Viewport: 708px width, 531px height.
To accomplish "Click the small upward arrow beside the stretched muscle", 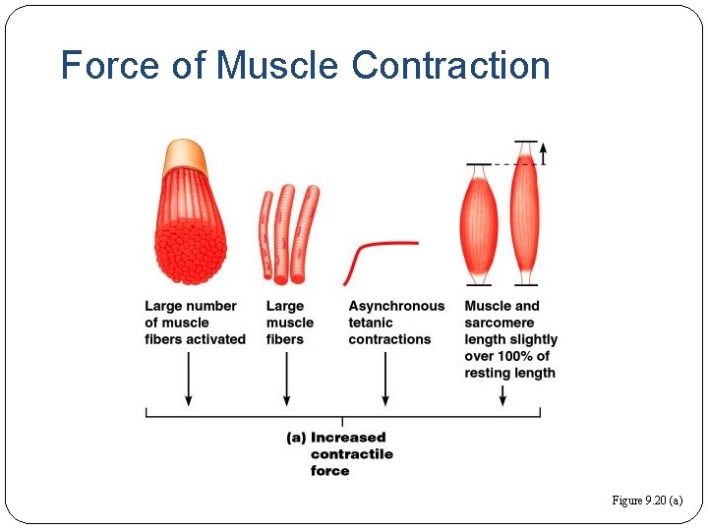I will point(544,152).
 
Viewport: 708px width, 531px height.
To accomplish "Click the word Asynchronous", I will point(396,306).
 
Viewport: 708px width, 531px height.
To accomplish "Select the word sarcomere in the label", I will point(499,323).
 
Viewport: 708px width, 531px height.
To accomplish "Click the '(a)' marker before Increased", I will point(296,438).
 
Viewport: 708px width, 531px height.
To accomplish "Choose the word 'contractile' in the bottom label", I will point(351,454).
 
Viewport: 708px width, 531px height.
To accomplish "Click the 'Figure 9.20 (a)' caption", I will point(647,501).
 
